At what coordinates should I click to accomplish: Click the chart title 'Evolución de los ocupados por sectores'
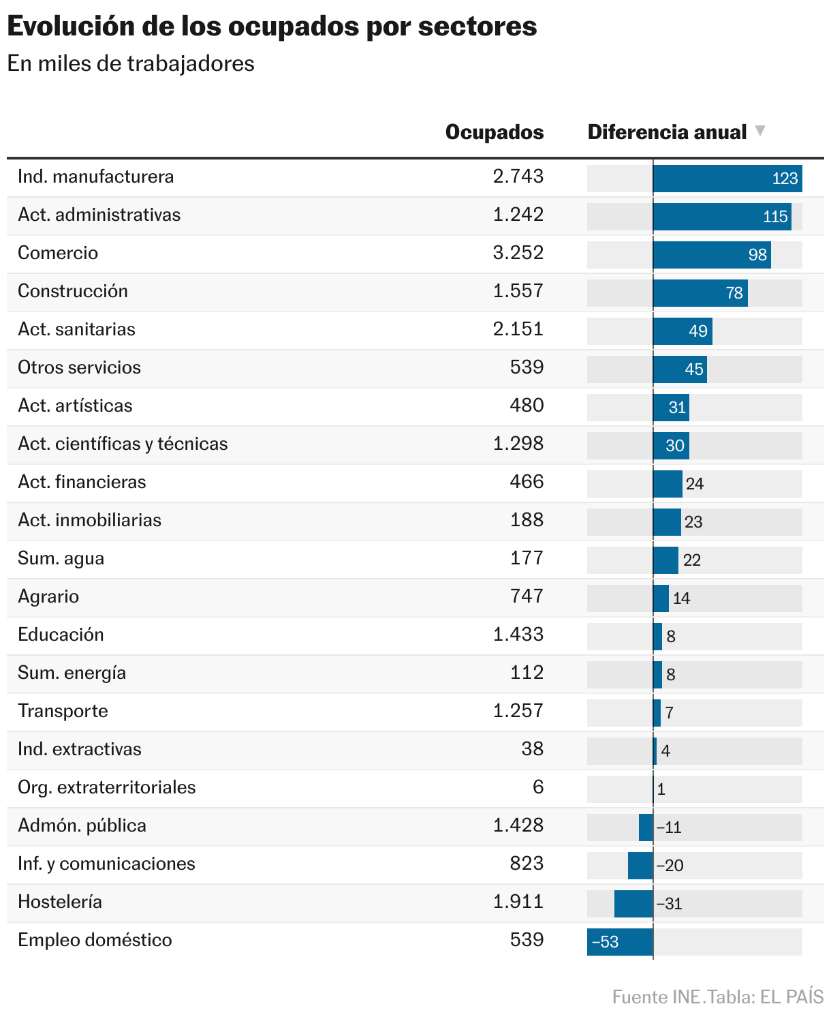point(272,27)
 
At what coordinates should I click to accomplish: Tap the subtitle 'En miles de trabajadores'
point(131,63)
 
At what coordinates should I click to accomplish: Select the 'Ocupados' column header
point(494,132)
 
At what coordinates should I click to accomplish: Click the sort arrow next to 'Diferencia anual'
point(760,130)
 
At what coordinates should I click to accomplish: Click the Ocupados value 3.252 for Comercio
point(518,253)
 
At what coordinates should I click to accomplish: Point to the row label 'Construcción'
point(73,291)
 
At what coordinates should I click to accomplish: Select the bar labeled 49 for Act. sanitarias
point(682,331)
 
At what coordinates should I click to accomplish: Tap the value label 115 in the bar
point(775,217)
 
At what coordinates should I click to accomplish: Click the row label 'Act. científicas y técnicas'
point(123,444)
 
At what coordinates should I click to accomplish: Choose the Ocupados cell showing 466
point(527,482)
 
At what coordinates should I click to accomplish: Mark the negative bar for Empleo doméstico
point(620,942)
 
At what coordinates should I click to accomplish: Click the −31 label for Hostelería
point(669,904)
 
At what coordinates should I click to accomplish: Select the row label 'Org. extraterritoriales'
point(107,787)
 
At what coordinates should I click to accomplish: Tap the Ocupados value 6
point(538,787)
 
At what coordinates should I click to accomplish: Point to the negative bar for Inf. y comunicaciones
point(640,866)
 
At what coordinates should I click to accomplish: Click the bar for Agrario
point(661,598)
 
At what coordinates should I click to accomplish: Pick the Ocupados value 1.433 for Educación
point(518,635)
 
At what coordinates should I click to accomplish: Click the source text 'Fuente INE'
point(656,997)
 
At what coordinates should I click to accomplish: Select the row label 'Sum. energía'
point(72,673)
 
